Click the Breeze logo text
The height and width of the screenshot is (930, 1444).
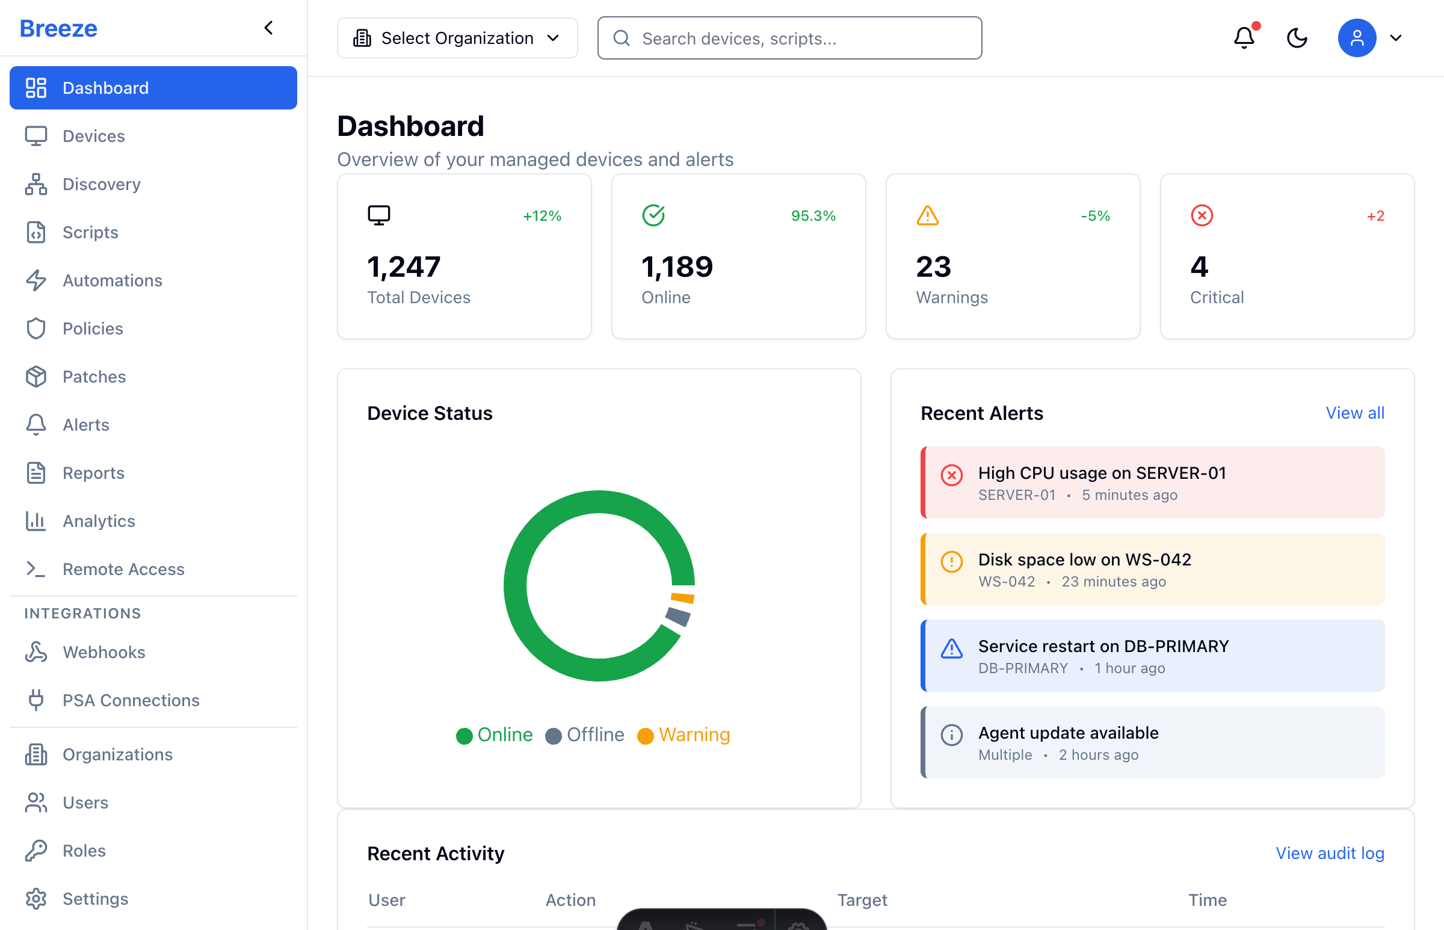pos(58,28)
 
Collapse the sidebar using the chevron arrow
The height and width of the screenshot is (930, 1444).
pos(269,28)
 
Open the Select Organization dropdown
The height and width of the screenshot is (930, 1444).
pos(457,38)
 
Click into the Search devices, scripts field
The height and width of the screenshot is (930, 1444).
pos(789,38)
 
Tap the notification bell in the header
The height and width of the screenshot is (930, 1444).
pos(1244,38)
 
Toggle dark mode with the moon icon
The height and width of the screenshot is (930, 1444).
pos(1297,38)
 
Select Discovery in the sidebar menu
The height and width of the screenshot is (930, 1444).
pos(102,184)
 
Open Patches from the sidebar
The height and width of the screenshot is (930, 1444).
pos(94,377)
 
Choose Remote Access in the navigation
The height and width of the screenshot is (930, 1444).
pos(123,569)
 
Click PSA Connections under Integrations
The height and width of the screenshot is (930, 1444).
pos(131,701)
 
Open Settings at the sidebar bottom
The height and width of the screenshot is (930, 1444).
pos(96,899)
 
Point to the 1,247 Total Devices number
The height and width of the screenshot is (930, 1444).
pos(404,267)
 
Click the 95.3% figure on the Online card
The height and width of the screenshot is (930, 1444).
pos(813,215)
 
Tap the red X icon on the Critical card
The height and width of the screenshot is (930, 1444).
pos(1201,215)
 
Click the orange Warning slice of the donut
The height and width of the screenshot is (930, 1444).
pos(683,598)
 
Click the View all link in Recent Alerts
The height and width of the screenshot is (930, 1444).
pos(1354,413)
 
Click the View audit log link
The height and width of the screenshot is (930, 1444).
pos(1329,854)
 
